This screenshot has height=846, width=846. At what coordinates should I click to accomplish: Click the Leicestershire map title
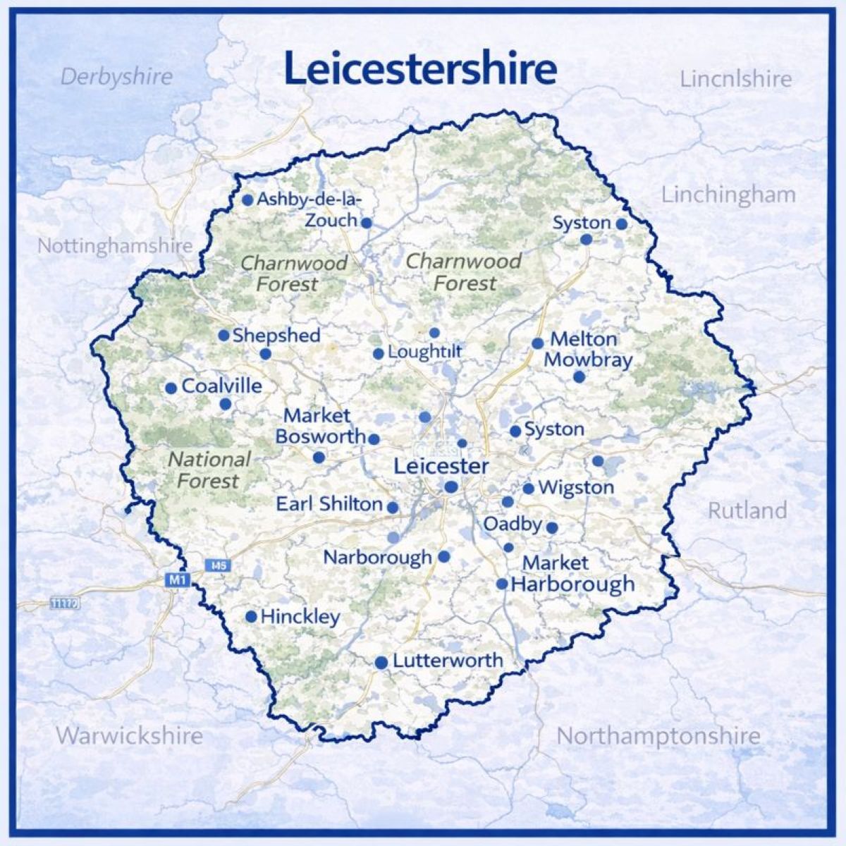point(420,68)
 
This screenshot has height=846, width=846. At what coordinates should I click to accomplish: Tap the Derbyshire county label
point(116,76)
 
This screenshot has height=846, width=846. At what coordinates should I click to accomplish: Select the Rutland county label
point(747,510)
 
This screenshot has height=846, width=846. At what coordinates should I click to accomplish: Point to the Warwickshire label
point(129,735)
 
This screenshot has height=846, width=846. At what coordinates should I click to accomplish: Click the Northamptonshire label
point(658,736)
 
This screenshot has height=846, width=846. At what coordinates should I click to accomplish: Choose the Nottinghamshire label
point(114,246)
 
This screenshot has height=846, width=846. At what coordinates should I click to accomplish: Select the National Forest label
point(209,470)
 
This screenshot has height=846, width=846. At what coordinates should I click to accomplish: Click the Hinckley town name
point(300,617)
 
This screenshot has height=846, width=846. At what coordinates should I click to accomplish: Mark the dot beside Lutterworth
point(381,663)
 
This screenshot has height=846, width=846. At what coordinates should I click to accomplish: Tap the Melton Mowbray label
point(587,349)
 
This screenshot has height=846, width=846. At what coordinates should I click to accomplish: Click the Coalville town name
point(221,386)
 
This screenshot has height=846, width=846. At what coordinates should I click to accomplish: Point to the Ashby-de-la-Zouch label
point(310,209)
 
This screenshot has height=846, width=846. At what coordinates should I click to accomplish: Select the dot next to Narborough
point(444,556)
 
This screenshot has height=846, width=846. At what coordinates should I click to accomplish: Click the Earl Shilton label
point(329,504)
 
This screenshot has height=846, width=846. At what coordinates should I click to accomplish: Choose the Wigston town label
point(575,487)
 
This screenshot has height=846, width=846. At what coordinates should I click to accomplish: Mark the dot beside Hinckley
point(251,617)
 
